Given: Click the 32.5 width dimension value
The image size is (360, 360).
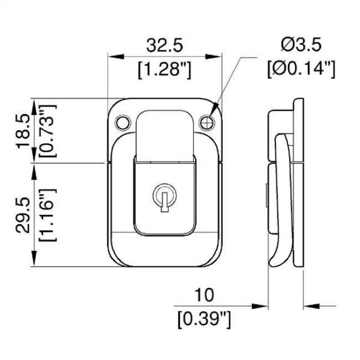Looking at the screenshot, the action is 164,45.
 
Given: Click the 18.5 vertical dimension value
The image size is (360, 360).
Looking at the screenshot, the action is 23,131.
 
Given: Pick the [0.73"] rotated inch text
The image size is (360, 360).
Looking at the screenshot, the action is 48,131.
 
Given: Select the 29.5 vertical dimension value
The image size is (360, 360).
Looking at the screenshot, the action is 23,215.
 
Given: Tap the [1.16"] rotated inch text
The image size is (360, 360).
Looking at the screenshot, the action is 48,215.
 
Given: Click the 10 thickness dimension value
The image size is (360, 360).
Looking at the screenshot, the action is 204,295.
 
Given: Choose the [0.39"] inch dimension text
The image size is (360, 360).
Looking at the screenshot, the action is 204,320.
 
